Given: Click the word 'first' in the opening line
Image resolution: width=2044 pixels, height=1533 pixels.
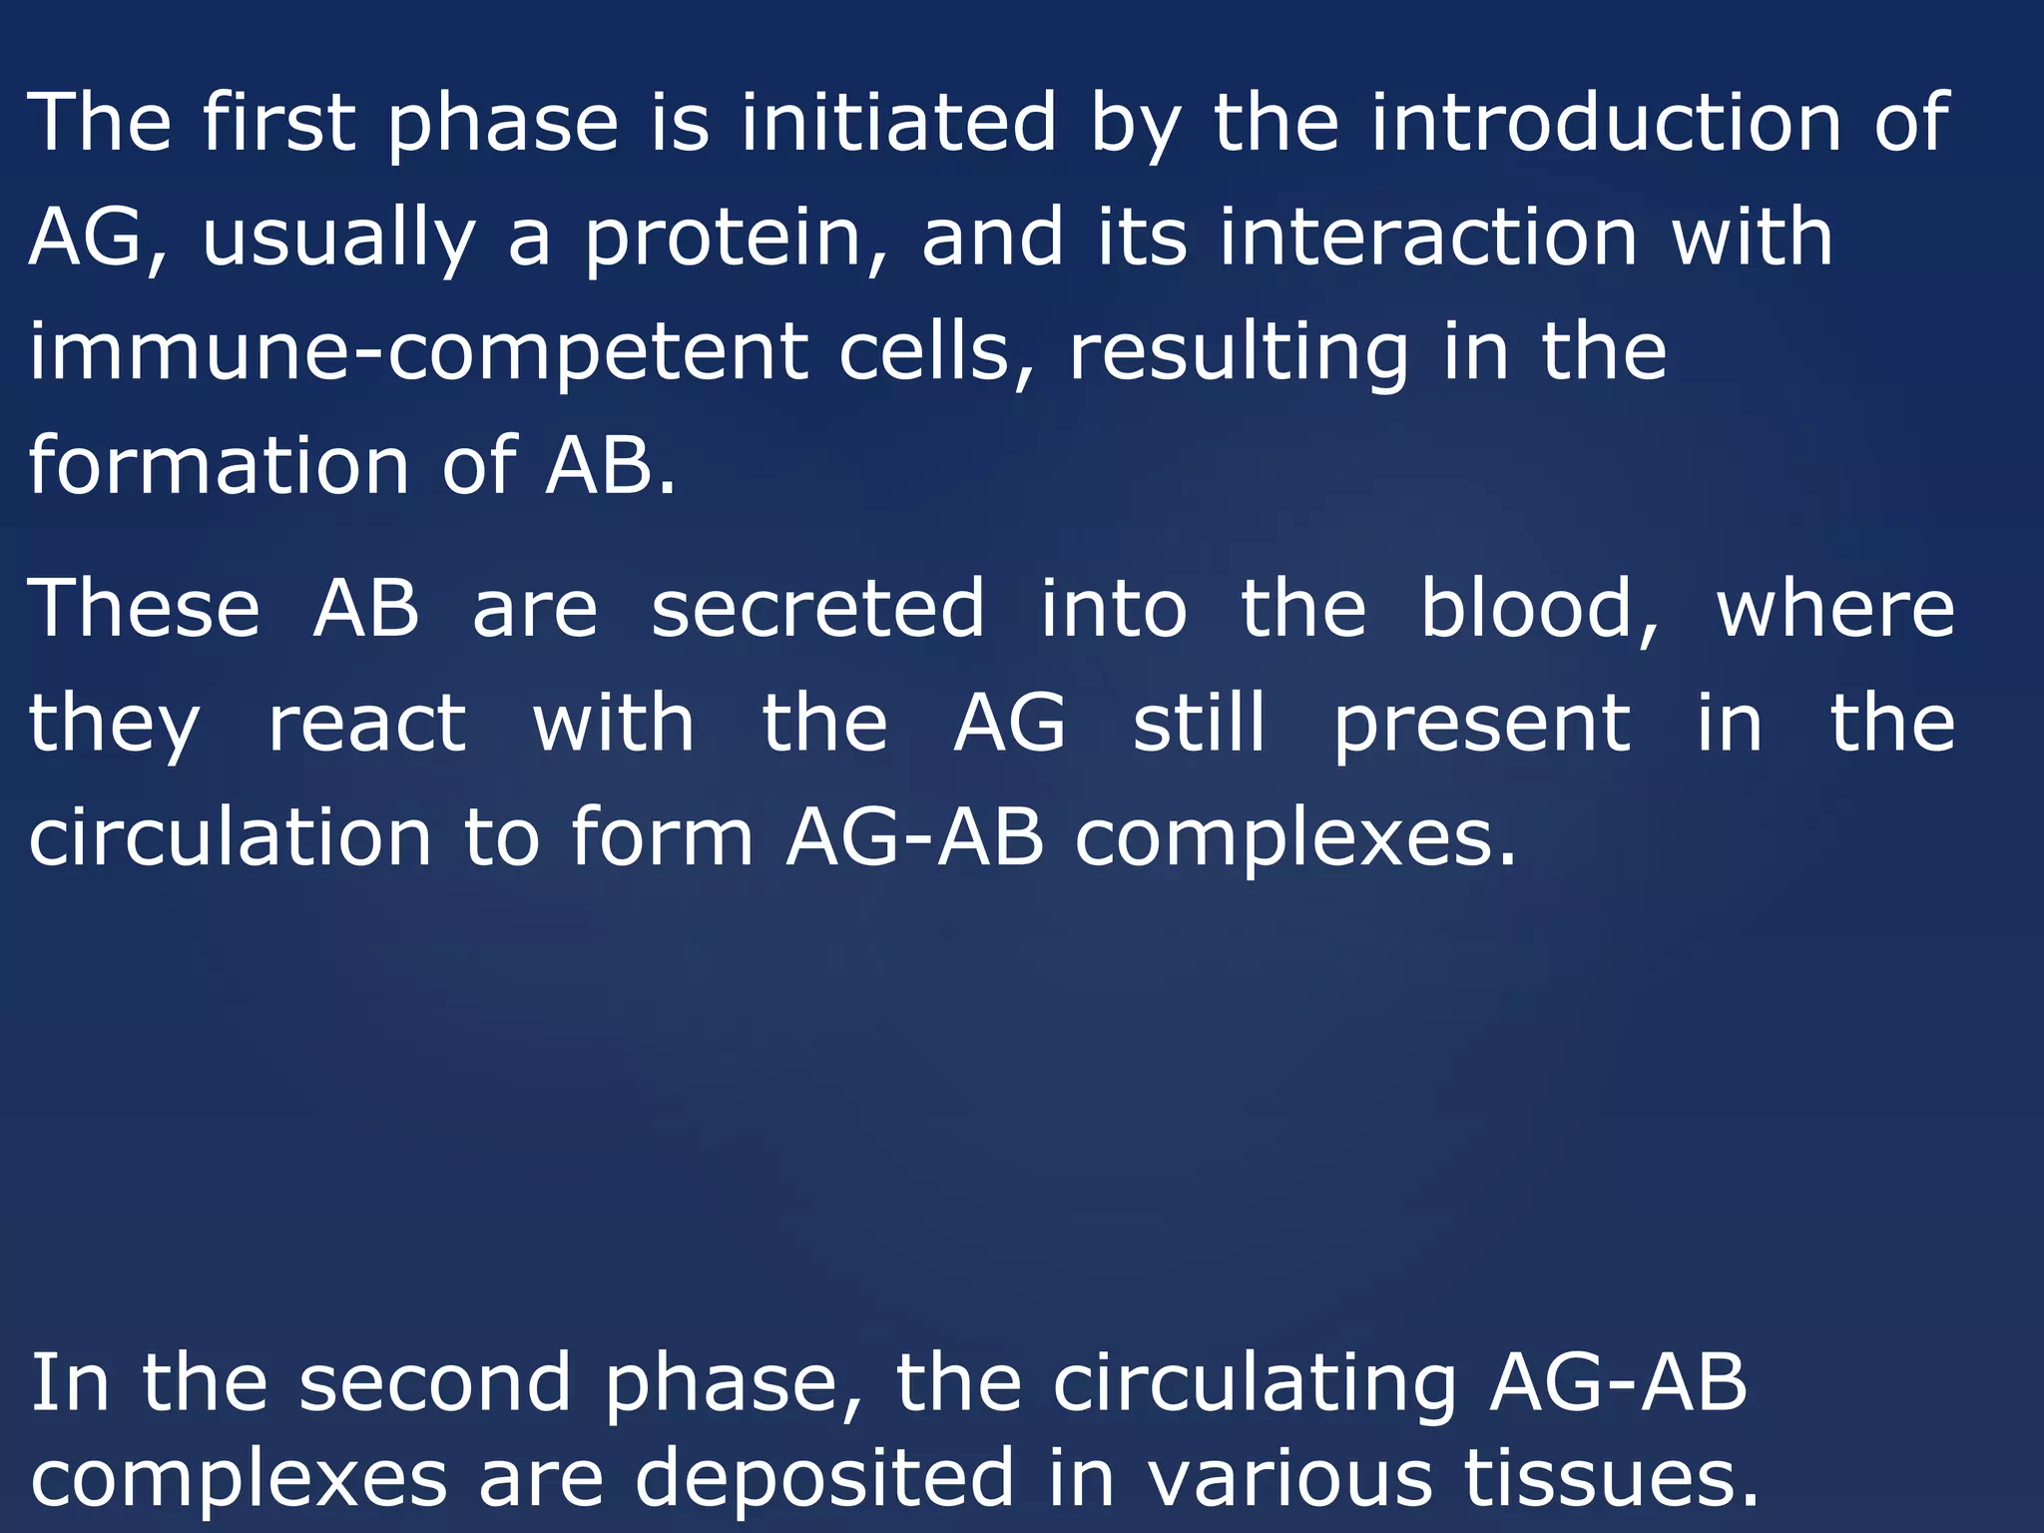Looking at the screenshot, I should pos(278,122).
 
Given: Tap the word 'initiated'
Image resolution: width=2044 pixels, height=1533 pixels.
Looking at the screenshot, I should pos(897,122).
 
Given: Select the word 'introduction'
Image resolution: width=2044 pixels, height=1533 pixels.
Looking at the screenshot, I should pos(1606,122).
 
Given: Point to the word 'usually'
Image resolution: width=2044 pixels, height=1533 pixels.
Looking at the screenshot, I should pos(338,240).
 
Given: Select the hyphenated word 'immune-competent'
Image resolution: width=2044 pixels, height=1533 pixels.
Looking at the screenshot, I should pos(418,353).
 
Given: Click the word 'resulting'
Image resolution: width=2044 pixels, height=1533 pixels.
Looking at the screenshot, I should pos(1239,353).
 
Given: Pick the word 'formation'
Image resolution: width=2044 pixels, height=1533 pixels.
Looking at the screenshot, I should pos(219,466).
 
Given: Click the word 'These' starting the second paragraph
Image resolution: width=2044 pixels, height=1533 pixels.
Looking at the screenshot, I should pos(145,609).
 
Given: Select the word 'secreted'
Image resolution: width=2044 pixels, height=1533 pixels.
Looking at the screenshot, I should pos(817,609).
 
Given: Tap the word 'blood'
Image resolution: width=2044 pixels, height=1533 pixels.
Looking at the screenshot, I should pos(1538,609).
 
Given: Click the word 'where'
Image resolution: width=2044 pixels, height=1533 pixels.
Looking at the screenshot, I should pos(1834,609).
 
